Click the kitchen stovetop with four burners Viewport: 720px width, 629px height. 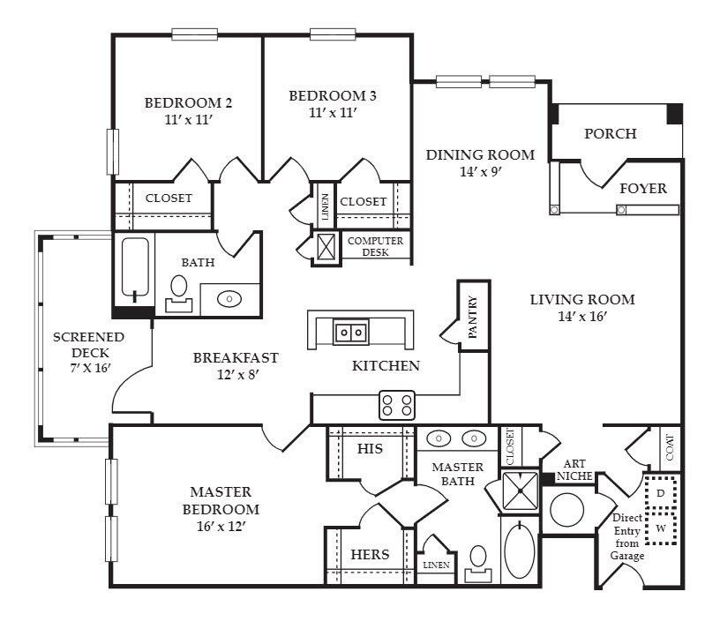(397, 405)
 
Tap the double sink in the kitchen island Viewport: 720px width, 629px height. (351, 332)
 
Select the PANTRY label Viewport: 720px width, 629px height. (473, 318)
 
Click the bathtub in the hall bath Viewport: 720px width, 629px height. (135, 267)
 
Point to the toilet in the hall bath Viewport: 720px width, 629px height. (178, 294)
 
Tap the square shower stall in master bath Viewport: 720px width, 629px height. (521, 490)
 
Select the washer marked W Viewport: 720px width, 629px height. (661, 528)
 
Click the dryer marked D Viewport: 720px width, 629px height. (661, 493)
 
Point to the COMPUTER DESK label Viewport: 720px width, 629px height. (375, 246)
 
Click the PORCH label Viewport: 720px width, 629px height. (611, 133)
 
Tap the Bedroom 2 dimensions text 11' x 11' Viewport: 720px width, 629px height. (188, 120)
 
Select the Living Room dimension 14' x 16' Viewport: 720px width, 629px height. (582, 317)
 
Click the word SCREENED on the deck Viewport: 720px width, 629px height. (88, 337)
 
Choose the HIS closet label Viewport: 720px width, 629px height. (370, 448)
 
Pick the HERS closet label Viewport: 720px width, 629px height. (370, 555)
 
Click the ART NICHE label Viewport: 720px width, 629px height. (574, 470)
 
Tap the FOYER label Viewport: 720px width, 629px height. (643, 188)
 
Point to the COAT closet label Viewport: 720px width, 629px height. (670, 447)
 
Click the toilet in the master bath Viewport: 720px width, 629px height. (478, 564)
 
